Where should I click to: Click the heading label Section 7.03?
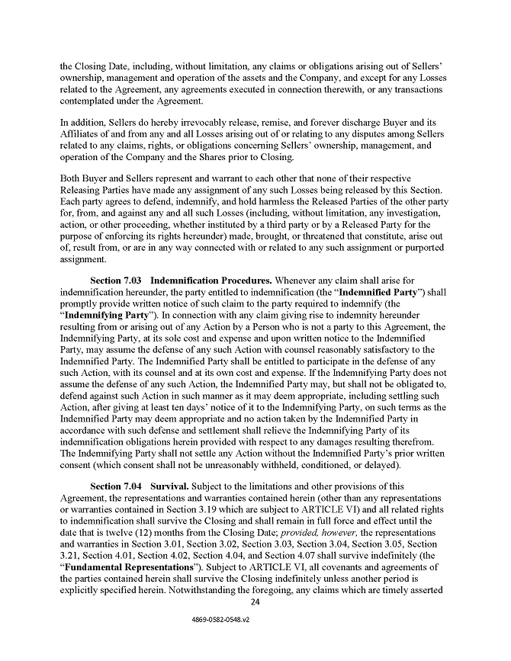(x=117, y=302)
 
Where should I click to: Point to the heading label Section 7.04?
(x=117, y=486)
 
